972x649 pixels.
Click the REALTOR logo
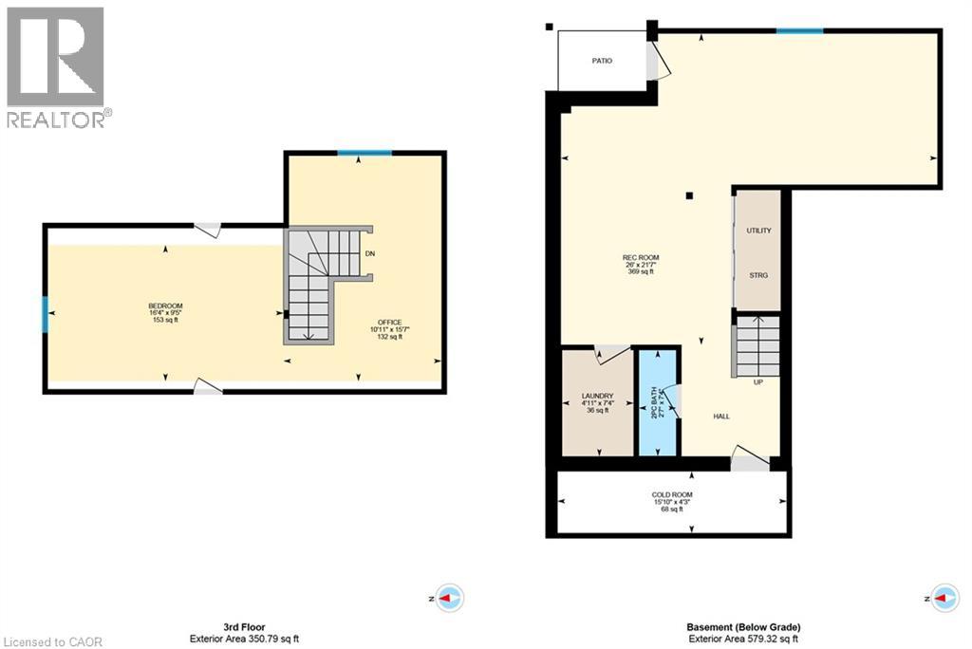[x=56, y=66]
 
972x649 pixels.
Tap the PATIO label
[x=602, y=61]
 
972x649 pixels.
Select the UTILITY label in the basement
[x=758, y=231]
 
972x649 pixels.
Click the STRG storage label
[x=758, y=275]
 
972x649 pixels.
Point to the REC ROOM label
[x=641, y=258]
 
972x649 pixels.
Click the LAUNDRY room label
[x=597, y=397]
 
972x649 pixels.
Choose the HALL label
[x=721, y=417]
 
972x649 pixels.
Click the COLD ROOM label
[x=672, y=495]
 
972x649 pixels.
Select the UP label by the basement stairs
[x=757, y=383]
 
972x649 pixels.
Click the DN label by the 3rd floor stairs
[x=370, y=254]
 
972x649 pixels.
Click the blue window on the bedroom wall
[x=45, y=314]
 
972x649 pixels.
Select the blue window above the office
[x=364, y=153]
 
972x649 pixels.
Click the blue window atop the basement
[x=799, y=31]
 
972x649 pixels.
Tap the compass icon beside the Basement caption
[x=943, y=599]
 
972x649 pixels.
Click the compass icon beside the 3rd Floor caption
[x=449, y=599]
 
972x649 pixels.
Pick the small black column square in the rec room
[x=690, y=196]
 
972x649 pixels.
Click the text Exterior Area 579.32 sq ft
[x=743, y=639]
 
